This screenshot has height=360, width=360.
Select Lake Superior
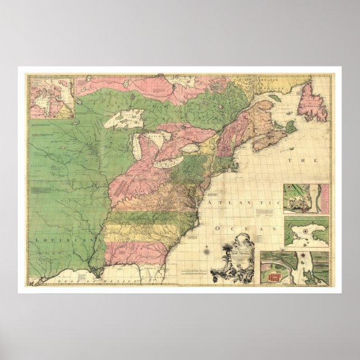(128, 118)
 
